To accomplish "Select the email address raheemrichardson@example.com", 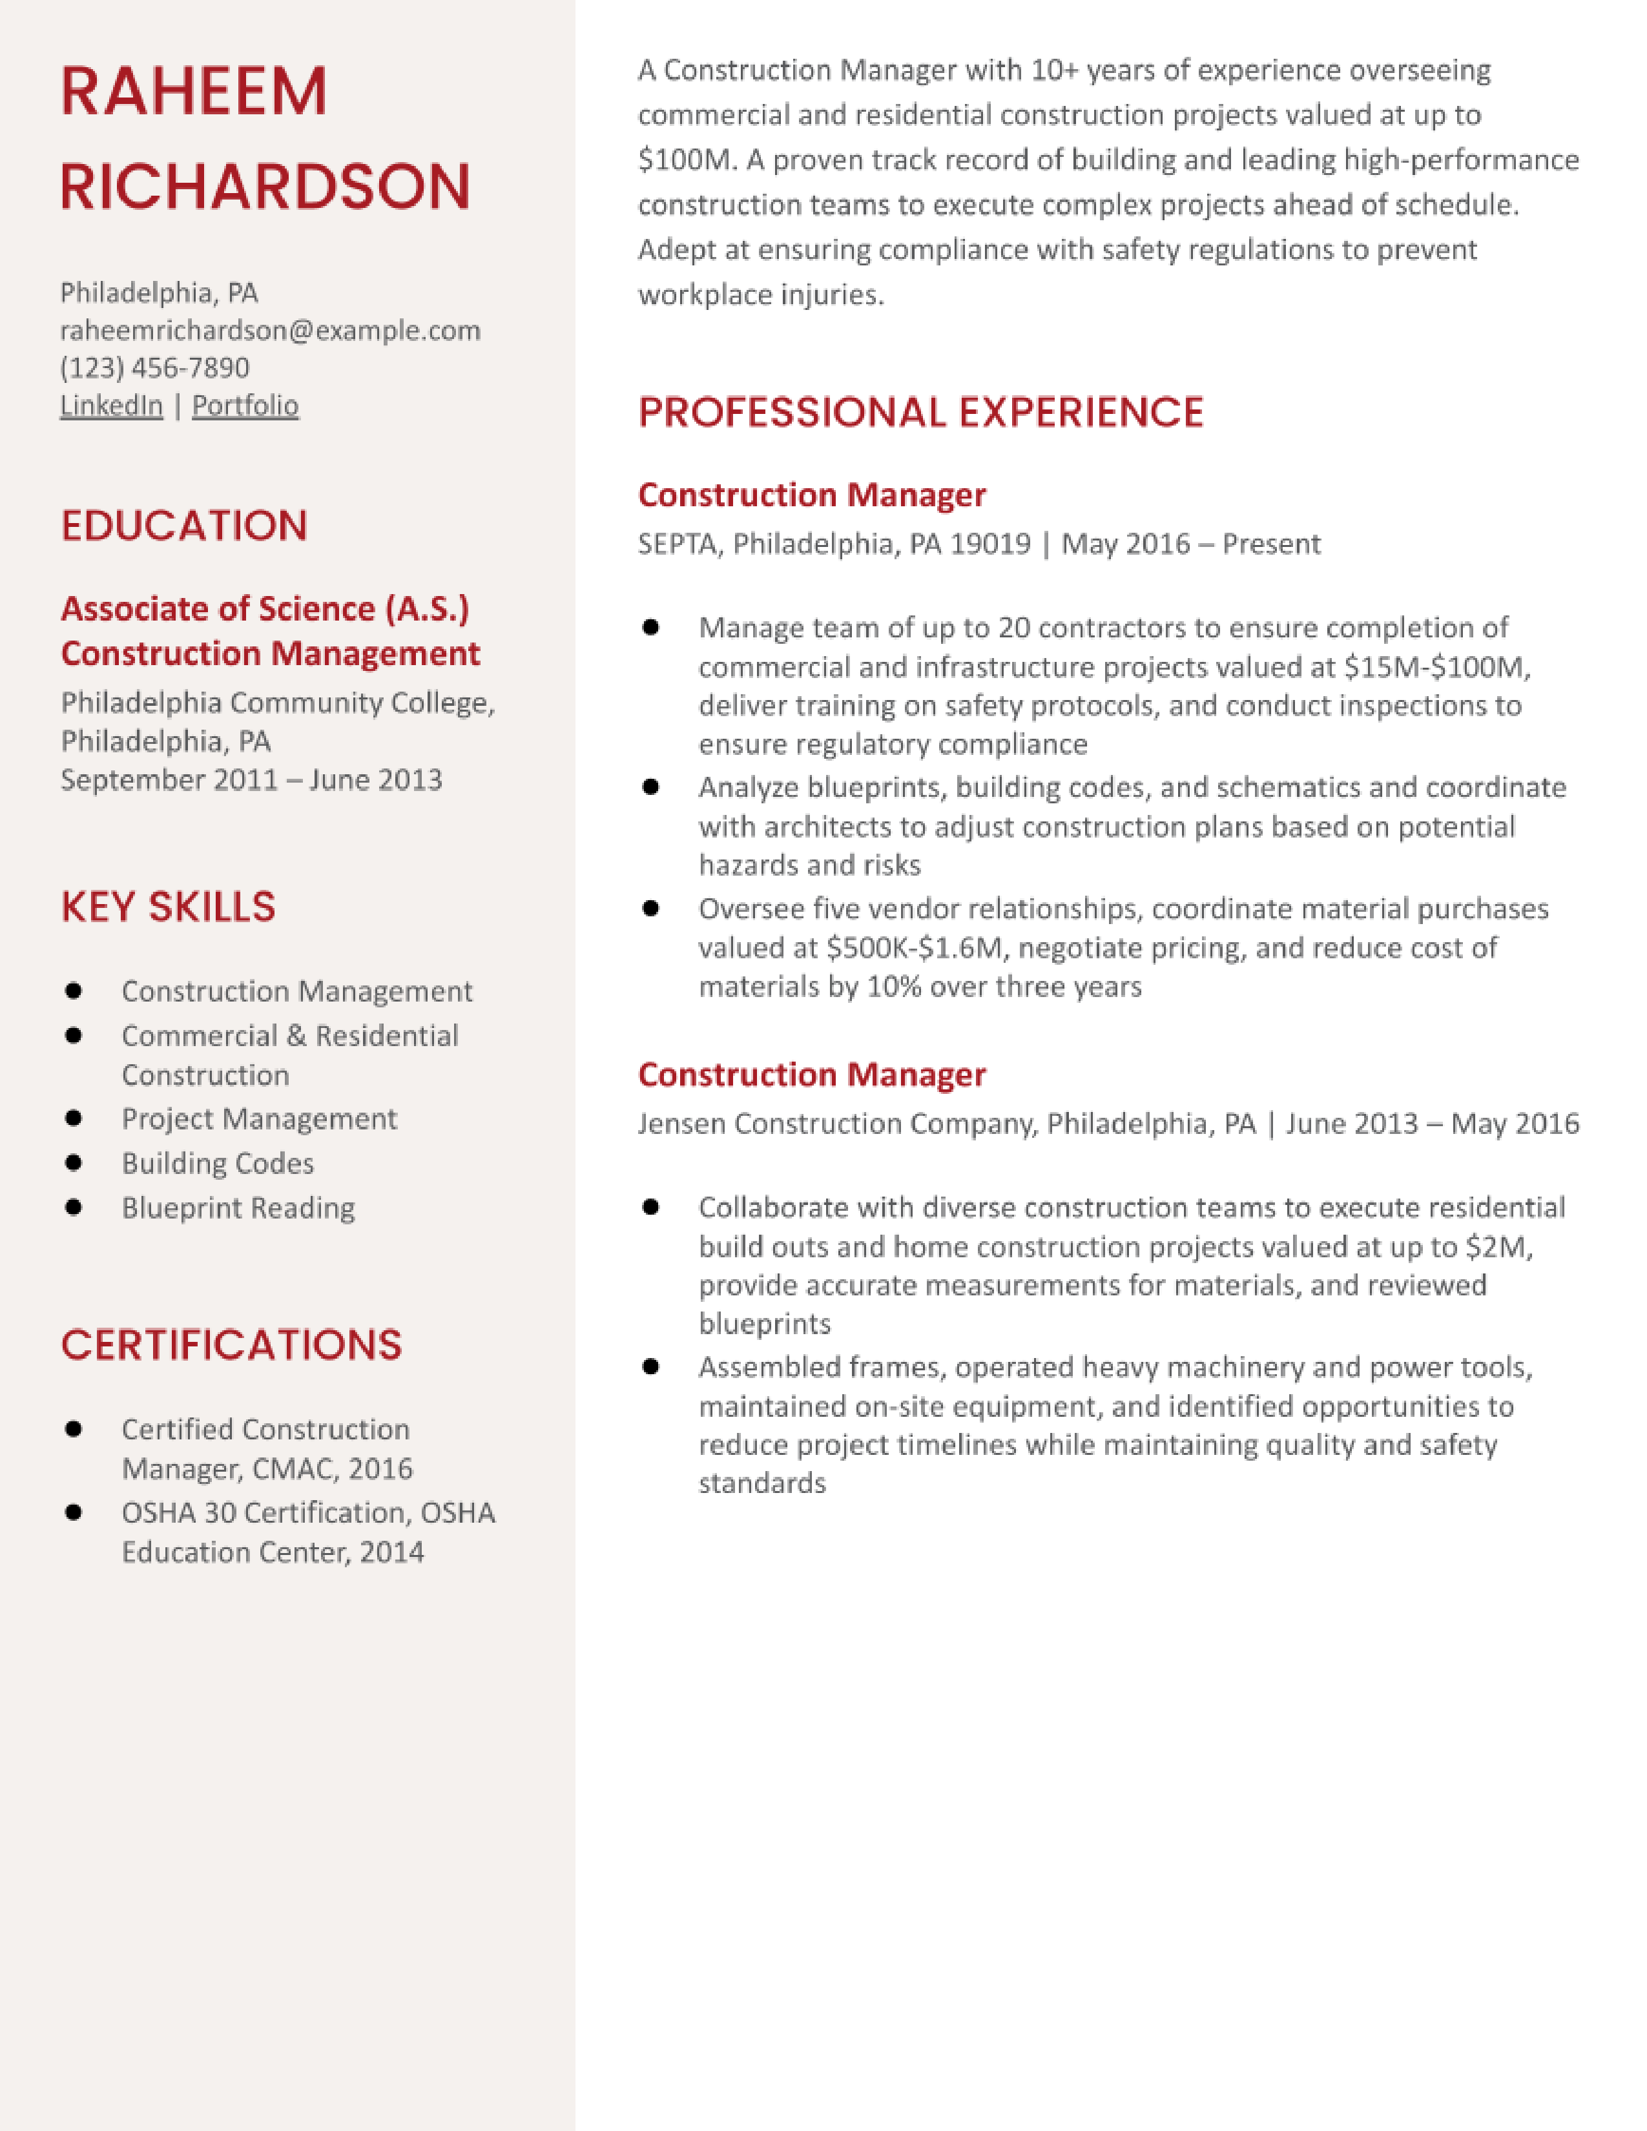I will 270,331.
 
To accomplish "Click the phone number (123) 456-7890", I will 154,368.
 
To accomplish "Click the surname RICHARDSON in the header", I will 265,187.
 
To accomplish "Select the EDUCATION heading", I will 185,526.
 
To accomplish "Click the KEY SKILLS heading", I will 168,907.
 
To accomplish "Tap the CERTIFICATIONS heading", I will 231,1344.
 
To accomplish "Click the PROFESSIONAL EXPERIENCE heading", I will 920,412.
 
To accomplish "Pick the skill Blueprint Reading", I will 238,1208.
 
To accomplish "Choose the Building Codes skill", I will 218,1163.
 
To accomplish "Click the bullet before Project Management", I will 73,1118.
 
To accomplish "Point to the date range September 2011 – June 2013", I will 251,779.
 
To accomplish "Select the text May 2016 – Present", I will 1190,544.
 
